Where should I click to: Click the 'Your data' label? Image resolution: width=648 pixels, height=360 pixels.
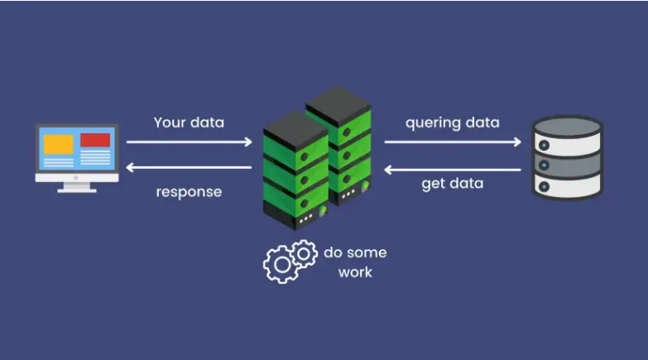click(189, 122)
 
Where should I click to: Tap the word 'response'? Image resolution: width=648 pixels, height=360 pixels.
click(189, 192)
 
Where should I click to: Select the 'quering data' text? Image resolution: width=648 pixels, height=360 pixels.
click(452, 123)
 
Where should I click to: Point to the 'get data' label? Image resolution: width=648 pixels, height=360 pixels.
click(452, 184)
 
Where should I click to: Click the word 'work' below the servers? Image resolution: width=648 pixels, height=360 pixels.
click(355, 272)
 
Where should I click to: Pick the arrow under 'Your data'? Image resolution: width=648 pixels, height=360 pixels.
click(190, 142)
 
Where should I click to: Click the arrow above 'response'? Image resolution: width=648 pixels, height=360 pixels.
click(189, 167)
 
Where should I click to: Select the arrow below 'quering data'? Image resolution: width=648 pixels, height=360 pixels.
click(453, 142)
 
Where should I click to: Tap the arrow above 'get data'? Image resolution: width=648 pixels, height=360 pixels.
click(452, 170)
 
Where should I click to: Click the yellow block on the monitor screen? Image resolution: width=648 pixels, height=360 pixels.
click(59, 144)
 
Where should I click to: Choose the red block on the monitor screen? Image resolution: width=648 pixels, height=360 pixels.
click(95, 140)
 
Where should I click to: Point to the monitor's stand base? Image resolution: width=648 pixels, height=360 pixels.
click(77, 190)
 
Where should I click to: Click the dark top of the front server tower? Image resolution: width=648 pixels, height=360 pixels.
click(295, 130)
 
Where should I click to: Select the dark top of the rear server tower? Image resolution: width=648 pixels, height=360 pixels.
click(338, 105)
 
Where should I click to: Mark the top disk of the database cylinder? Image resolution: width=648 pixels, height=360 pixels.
click(568, 127)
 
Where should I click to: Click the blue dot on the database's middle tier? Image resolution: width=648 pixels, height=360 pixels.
click(545, 166)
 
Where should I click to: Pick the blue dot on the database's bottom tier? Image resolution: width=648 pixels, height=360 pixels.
click(545, 187)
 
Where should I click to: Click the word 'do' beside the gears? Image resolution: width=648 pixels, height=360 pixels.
click(332, 252)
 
